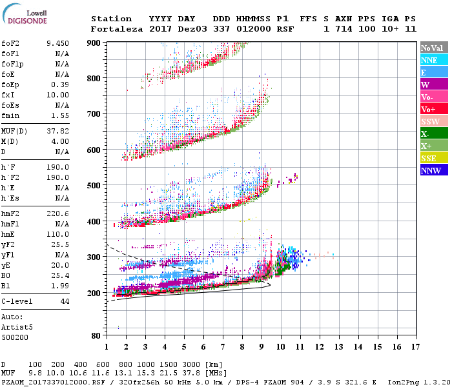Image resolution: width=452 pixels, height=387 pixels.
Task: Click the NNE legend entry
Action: (433, 60)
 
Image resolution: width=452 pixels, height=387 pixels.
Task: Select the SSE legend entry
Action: (433, 158)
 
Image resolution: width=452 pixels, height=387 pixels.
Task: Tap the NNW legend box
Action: (433, 170)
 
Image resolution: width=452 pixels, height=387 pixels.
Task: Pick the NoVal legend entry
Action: (433, 48)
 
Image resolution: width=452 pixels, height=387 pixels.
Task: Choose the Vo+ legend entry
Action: (433, 109)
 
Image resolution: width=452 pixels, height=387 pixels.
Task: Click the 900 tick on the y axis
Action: (95, 43)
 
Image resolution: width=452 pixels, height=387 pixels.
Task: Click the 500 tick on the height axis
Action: (95, 186)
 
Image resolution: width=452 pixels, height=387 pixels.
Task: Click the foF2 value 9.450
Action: (57, 43)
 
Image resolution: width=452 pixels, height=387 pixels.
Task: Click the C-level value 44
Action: (65, 301)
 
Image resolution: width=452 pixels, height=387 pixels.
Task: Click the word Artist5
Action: (18, 327)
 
